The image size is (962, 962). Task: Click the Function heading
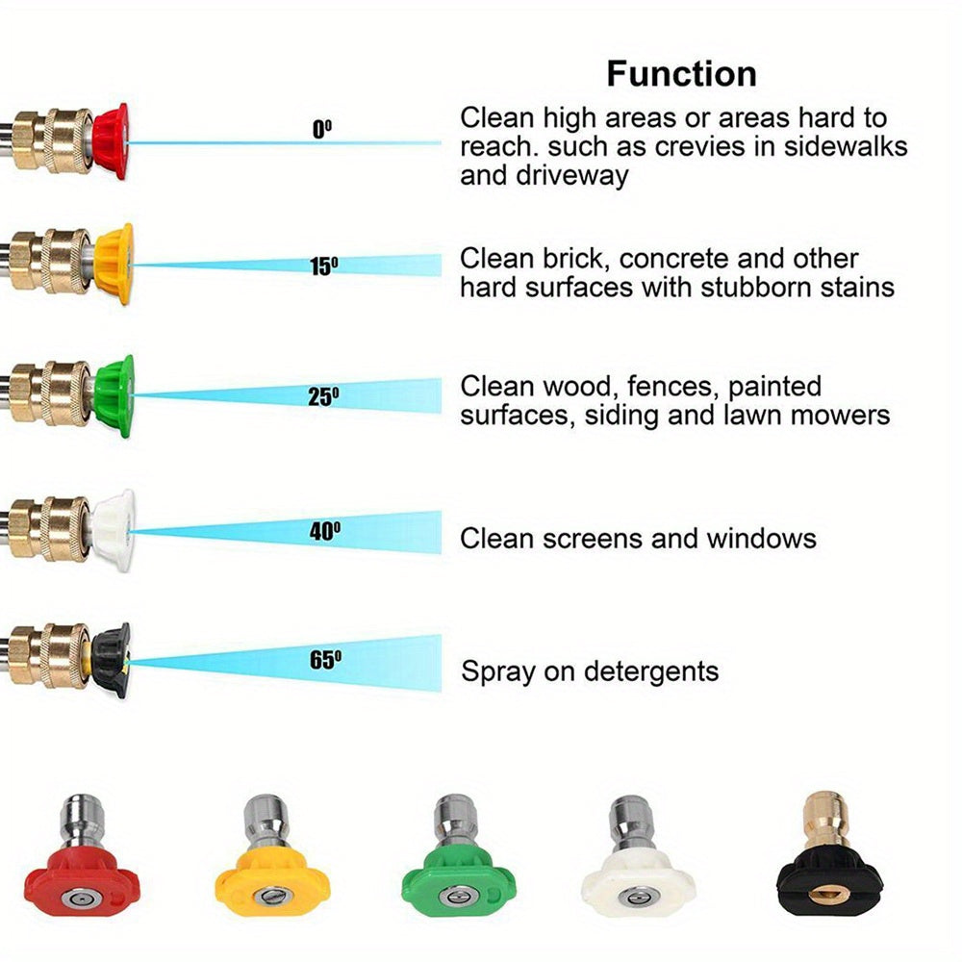click(681, 74)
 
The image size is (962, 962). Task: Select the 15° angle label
click(324, 266)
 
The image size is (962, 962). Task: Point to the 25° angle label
click(324, 395)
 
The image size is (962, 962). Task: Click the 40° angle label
click(325, 531)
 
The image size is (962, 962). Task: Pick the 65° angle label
click(325, 660)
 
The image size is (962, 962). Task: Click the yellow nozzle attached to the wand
click(115, 264)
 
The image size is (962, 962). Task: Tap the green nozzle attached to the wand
click(115, 395)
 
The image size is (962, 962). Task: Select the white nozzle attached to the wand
click(115, 529)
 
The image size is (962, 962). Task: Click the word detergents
click(654, 671)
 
